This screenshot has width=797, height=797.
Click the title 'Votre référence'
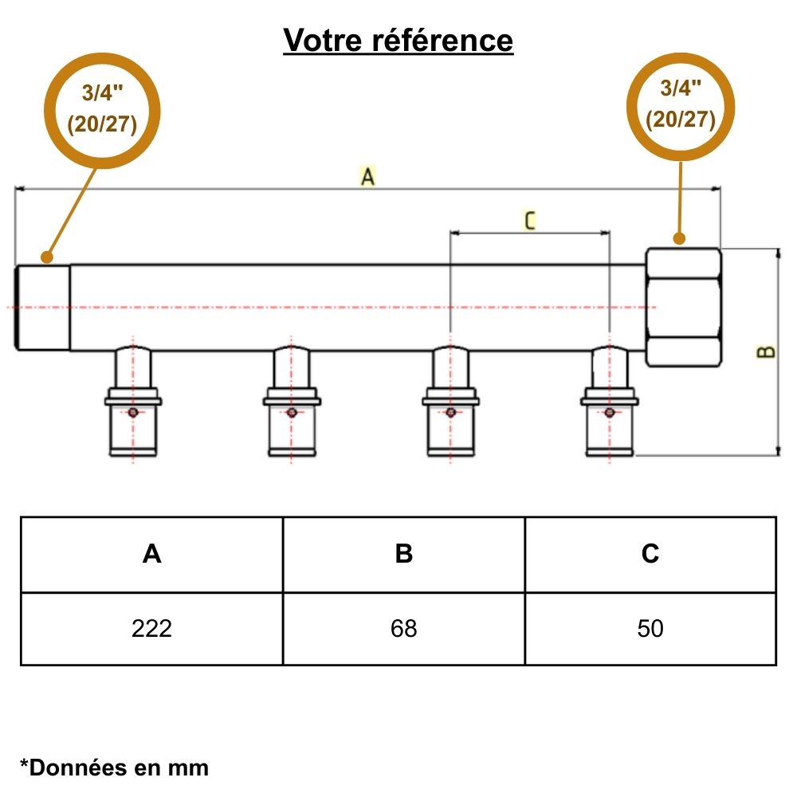point(398,40)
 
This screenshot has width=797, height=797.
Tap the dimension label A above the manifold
point(367,177)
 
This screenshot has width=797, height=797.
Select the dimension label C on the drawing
point(530,220)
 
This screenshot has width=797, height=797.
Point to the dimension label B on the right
point(766,351)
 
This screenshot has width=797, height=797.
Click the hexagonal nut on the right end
point(683,308)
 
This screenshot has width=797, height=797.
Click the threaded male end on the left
point(43,307)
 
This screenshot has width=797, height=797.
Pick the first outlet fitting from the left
point(133,402)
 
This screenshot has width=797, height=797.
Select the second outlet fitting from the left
point(292,402)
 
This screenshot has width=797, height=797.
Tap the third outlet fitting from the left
point(450,402)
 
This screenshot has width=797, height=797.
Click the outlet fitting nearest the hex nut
point(610,402)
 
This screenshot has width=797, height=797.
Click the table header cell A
point(151,554)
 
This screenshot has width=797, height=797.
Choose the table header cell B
point(404,554)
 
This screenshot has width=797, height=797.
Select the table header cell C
point(650,554)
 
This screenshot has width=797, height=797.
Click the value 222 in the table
point(151,629)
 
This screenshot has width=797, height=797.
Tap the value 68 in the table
point(404,629)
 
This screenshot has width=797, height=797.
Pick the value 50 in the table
point(650,629)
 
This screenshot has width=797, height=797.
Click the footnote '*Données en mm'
point(114,768)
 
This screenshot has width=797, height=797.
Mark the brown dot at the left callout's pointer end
point(47,257)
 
